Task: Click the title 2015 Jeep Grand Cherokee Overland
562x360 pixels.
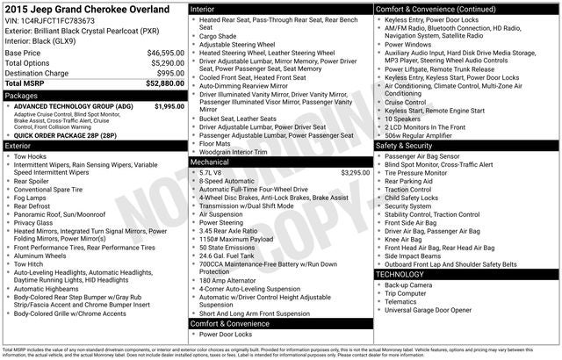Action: click(x=92, y=8)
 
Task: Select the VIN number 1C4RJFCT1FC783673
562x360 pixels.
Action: click(x=58, y=19)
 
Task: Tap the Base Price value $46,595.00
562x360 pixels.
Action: click(x=164, y=53)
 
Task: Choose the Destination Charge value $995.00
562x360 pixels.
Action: click(x=170, y=74)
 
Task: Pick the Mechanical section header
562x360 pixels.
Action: click(x=212, y=162)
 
